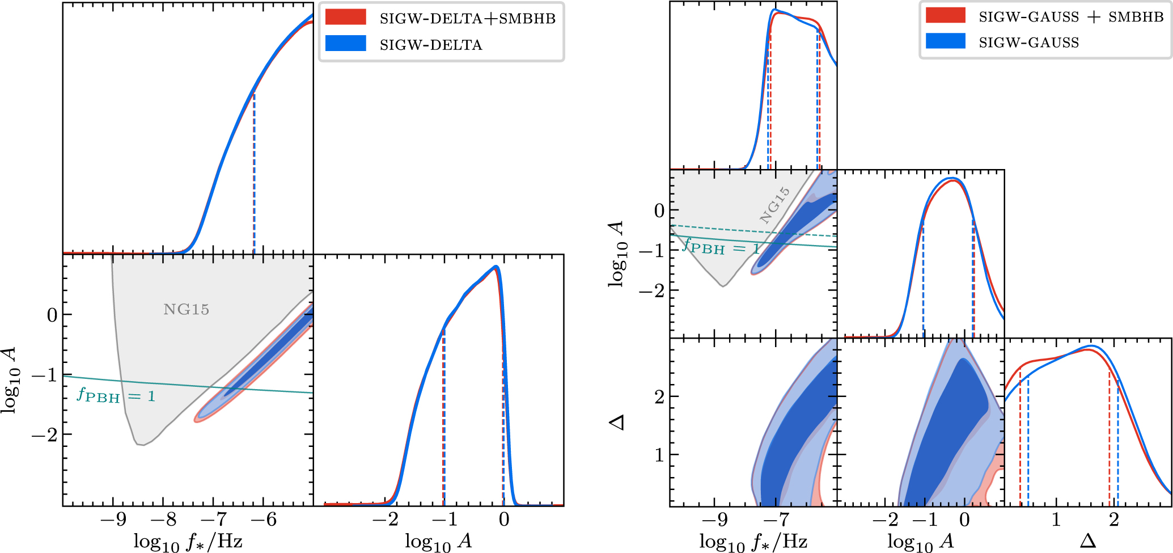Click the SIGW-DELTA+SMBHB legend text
click(x=467, y=18)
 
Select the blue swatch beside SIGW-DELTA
click(x=345, y=44)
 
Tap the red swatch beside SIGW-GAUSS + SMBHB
click(x=945, y=15)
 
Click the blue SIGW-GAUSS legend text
click(x=1028, y=43)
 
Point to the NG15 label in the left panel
click(x=186, y=310)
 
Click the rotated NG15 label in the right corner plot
click(x=774, y=205)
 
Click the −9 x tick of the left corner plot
click(x=113, y=520)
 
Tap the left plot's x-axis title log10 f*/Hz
click(x=188, y=542)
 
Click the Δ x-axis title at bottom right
click(x=1087, y=541)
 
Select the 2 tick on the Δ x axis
click(x=1114, y=520)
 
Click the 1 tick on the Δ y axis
click(x=659, y=455)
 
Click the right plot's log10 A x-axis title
click(x=920, y=542)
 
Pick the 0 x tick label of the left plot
click(x=504, y=520)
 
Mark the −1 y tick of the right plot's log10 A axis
click(x=651, y=251)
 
